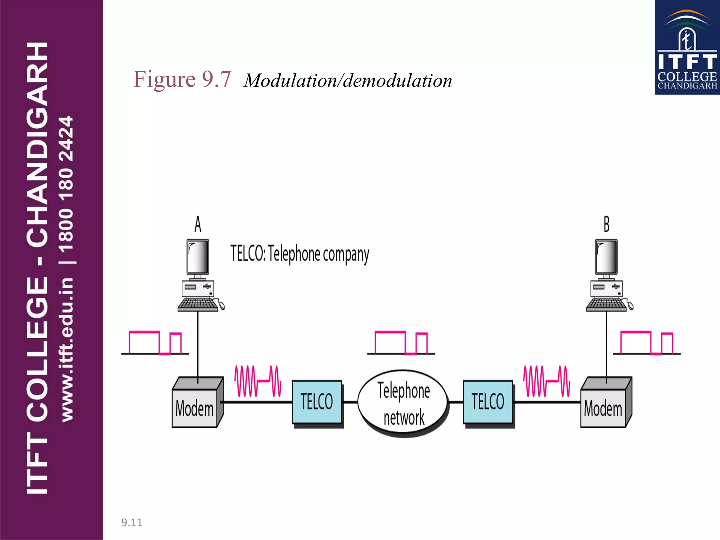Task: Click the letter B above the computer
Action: click(606, 224)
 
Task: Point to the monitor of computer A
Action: click(198, 257)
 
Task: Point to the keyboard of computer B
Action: click(606, 304)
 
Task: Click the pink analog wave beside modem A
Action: click(258, 381)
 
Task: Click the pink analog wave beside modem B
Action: click(547, 381)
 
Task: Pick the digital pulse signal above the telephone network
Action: click(401, 343)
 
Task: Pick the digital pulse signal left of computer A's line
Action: click(155, 343)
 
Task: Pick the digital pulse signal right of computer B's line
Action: click(647, 343)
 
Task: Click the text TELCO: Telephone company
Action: click(300, 254)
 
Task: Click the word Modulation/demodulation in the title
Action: click(348, 81)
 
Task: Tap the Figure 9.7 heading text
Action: click(182, 79)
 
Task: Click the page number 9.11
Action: click(132, 522)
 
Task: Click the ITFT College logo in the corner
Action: click(687, 47)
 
